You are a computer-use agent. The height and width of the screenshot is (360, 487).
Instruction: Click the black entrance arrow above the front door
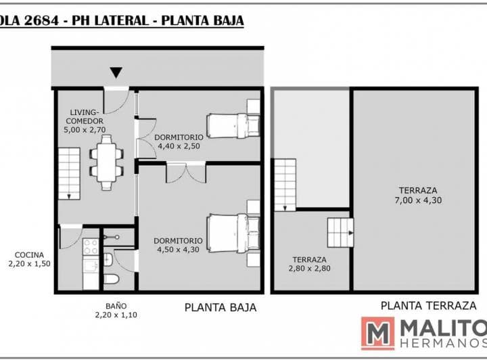[116, 72]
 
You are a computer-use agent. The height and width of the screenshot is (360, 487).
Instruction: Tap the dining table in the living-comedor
[106, 162]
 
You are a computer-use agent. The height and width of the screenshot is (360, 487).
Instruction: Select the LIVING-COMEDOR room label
[85, 116]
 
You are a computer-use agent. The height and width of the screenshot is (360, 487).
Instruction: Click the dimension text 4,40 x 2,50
[179, 146]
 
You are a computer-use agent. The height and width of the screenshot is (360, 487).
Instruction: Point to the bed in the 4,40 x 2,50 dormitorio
[233, 126]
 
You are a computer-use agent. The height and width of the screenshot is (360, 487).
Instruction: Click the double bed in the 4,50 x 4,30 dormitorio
[233, 233]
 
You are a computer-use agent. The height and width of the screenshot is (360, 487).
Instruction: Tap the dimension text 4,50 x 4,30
[179, 250]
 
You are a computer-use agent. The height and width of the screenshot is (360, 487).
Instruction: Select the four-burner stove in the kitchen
[91, 246]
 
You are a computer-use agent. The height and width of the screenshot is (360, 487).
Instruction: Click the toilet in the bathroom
[110, 279]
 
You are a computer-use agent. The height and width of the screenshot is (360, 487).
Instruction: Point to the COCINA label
[29, 255]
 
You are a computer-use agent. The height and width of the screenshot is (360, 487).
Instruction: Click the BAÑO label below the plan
[116, 306]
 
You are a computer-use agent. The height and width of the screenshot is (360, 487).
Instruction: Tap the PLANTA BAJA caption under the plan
[221, 307]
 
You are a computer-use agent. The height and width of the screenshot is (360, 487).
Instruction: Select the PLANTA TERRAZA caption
[429, 306]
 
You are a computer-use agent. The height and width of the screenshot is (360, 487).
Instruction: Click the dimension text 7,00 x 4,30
[418, 200]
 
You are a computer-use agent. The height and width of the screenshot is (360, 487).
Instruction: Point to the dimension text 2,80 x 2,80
[309, 269]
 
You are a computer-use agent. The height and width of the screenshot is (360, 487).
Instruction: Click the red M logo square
[377, 334]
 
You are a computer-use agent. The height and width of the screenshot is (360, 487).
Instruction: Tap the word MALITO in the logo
[444, 328]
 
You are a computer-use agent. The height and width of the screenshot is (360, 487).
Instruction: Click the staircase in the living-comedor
[69, 173]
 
